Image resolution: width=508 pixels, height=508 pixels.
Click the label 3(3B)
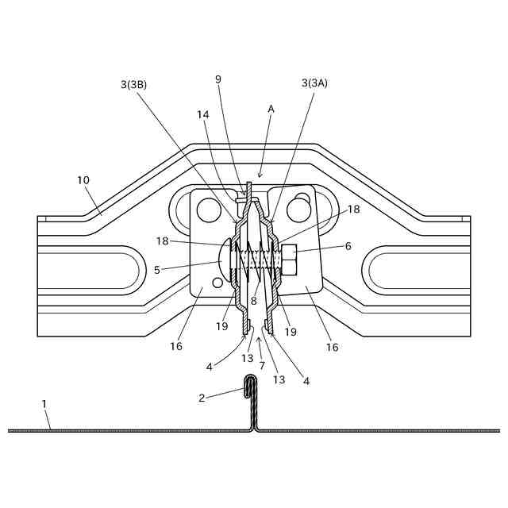(133, 84)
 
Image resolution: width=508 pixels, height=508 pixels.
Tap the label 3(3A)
(314, 83)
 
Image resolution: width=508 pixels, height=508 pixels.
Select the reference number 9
(218, 79)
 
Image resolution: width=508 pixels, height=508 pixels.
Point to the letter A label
(271, 108)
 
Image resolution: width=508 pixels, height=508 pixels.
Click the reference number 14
(203, 114)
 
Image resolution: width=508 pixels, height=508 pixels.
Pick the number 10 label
(83, 180)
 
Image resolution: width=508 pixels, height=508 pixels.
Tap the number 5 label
(157, 270)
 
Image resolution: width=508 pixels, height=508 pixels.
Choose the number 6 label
(348, 247)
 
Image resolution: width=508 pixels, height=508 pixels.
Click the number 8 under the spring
(254, 301)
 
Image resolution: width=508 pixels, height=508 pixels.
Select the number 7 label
(262, 365)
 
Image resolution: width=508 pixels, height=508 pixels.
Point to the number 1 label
(44, 404)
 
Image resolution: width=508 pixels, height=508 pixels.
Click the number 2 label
(202, 398)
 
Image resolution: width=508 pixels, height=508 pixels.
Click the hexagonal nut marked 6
(289, 259)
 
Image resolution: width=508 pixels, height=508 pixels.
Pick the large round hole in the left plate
(209, 210)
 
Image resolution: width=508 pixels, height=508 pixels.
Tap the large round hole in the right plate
(298, 210)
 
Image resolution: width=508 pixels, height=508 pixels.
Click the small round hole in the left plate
(217, 283)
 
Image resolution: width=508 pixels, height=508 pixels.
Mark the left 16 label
(175, 346)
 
